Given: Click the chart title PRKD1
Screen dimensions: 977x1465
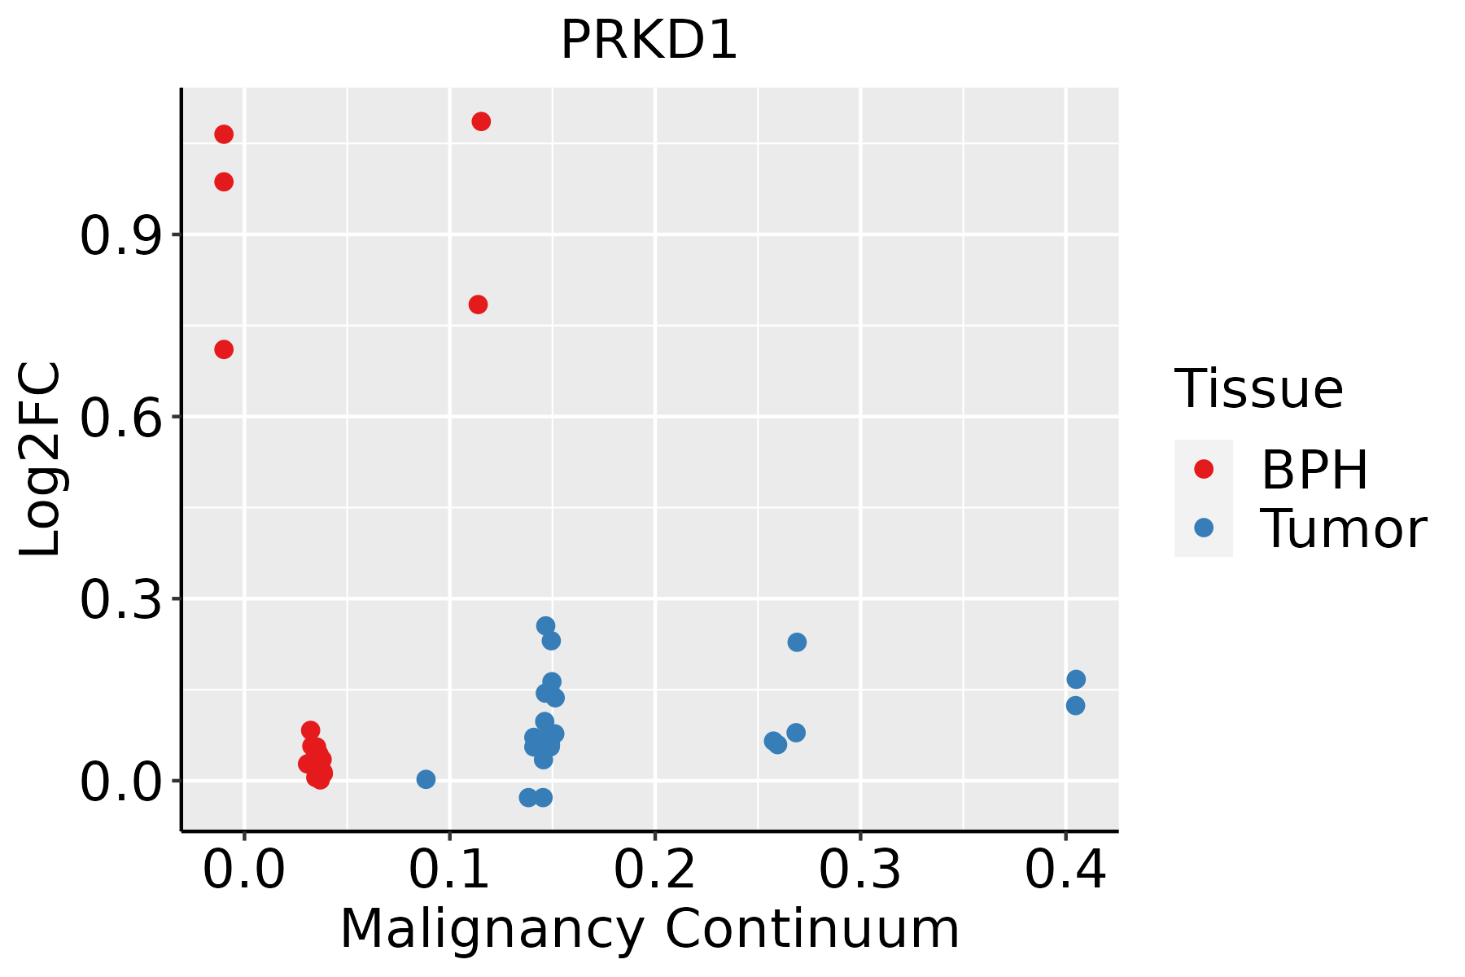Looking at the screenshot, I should (x=649, y=41).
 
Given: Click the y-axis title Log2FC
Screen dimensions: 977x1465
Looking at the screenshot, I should (x=41, y=460).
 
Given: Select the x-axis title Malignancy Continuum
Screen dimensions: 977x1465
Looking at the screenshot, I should (x=649, y=930).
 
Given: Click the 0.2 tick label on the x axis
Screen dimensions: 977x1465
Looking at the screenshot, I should (x=654, y=870).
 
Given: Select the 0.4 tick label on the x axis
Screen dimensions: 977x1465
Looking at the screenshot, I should (x=1065, y=870).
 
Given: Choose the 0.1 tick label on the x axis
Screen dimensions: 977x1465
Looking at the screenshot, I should (x=449, y=870).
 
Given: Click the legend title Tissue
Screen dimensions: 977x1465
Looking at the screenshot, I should (x=1258, y=389).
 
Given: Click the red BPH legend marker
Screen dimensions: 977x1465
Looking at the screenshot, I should (x=1203, y=469).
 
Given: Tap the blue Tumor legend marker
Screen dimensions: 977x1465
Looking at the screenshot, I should (x=1203, y=528).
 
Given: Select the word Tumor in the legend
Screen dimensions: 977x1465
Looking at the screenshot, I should (x=1343, y=529).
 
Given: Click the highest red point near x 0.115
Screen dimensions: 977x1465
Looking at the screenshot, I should (x=481, y=122).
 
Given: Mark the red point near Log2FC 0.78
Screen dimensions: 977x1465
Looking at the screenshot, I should (x=478, y=304).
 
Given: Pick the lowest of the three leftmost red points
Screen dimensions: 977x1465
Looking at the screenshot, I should (x=224, y=349).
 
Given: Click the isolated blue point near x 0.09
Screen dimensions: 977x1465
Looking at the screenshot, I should (x=426, y=779).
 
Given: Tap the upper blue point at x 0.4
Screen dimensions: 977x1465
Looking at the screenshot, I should (x=1076, y=679).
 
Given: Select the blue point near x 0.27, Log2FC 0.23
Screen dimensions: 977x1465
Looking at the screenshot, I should (x=797, y=642).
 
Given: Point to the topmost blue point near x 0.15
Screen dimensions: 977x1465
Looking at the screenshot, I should (x=545, y=625).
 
